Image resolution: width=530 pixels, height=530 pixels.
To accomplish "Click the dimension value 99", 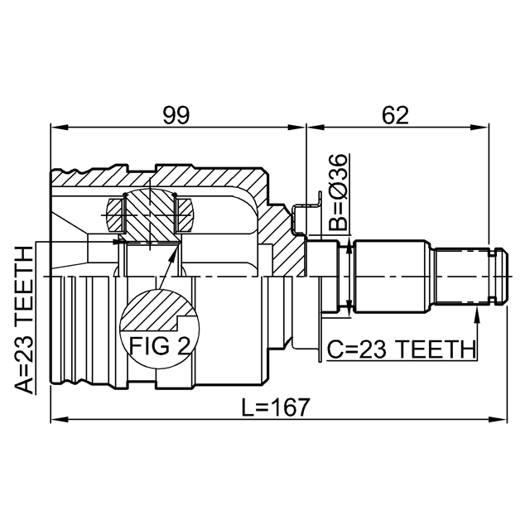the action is tap(176, 115).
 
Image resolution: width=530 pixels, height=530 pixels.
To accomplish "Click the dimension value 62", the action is tap(395, 115).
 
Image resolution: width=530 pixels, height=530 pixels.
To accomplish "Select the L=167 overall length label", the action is tap(276, 407).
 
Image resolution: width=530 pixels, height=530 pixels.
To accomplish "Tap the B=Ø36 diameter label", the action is tap(338, 192).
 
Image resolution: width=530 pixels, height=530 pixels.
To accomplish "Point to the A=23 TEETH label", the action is tap(24, 320).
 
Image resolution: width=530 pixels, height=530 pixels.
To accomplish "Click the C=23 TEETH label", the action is tap(401, 349).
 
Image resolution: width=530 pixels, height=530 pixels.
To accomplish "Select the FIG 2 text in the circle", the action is tap(160, 345).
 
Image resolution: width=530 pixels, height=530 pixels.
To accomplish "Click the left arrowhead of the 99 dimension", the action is tap(60, 128).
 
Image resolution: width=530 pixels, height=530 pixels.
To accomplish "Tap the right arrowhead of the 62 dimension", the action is tap(480, 128).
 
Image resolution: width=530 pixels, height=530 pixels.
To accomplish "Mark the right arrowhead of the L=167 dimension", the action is tap(499, 420).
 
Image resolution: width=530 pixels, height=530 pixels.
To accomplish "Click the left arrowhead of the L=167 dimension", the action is tap(60, 420).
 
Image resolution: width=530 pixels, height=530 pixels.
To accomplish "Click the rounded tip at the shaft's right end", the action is tap(507, 276).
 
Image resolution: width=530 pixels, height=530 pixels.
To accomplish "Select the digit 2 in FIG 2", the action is tap(184, 345).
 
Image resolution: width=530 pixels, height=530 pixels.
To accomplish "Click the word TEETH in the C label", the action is tap(436, 349).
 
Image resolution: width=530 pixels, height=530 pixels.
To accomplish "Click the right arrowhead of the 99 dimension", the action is tap(296, 128).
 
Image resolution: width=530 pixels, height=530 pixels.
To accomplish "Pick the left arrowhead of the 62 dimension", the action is tap(316, 128).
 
